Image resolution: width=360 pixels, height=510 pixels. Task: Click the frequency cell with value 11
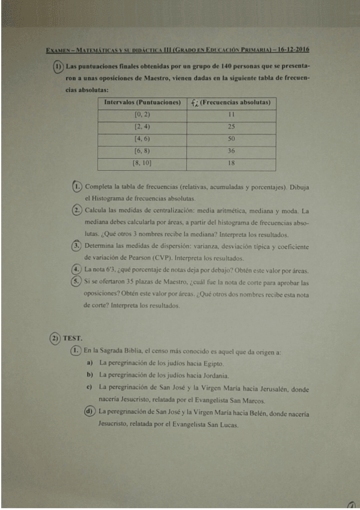231,114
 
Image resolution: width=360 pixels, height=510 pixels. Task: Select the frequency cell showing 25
231,127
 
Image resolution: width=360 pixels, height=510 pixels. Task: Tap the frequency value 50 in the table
231,139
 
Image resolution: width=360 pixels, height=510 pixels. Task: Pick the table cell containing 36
231,152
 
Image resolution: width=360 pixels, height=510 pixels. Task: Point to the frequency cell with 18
231,164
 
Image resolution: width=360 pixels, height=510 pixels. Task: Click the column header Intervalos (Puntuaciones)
142,103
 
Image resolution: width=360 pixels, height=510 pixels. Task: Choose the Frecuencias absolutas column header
231,103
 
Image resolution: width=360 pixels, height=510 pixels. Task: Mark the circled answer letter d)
89,412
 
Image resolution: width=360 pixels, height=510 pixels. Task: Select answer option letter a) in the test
89,363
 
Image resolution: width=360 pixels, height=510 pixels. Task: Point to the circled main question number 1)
58,66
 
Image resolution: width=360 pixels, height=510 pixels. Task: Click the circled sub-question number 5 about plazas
76,281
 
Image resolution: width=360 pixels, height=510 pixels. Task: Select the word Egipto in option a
213,363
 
